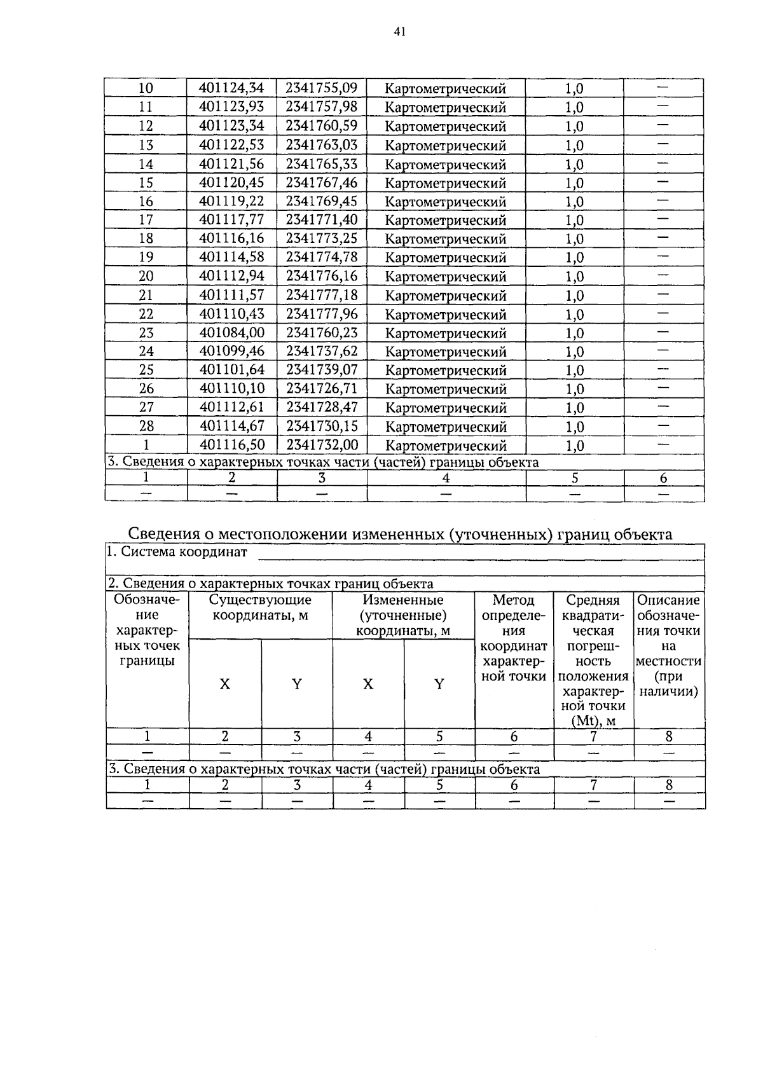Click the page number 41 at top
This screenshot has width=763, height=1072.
pos(399,31)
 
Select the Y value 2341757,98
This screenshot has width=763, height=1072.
pos(321,107)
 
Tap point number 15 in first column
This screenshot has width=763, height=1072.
pos(146,183)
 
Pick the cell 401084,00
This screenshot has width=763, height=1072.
pos(231,333)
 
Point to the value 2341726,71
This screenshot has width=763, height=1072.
pos(321,388)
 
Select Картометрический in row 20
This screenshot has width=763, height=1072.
pos(446,277)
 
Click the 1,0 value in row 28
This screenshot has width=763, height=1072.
pos(574,427)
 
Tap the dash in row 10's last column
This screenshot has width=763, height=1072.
pos(663,87)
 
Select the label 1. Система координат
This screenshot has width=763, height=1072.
pos(177,552)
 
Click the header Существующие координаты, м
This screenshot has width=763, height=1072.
pos(260,607)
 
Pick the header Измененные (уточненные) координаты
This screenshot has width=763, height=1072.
pos(402,615)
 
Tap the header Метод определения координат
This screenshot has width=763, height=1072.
pos(514,638)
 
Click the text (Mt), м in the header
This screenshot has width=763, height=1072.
pos(593,721)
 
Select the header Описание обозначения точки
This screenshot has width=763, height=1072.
pos(668,615)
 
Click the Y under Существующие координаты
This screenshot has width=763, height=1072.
pos(296,684)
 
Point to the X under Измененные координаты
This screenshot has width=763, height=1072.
pos(368,684)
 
